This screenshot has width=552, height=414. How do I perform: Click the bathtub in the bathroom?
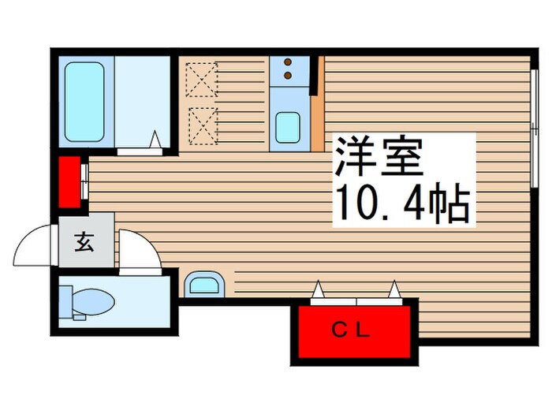tap(84, 101)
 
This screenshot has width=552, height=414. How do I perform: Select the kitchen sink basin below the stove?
tap(287, 126)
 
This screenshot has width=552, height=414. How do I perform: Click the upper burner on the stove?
tap(287, 62)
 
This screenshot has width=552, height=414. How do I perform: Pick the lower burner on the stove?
tap(287, 76)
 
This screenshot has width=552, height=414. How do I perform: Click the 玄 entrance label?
tap(84, 243)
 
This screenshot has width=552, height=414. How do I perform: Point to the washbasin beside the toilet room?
tap(205, 285)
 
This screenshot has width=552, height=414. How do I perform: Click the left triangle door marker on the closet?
tap(318, 293)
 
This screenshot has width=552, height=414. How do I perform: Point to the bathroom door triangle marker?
tap(156, 140)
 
